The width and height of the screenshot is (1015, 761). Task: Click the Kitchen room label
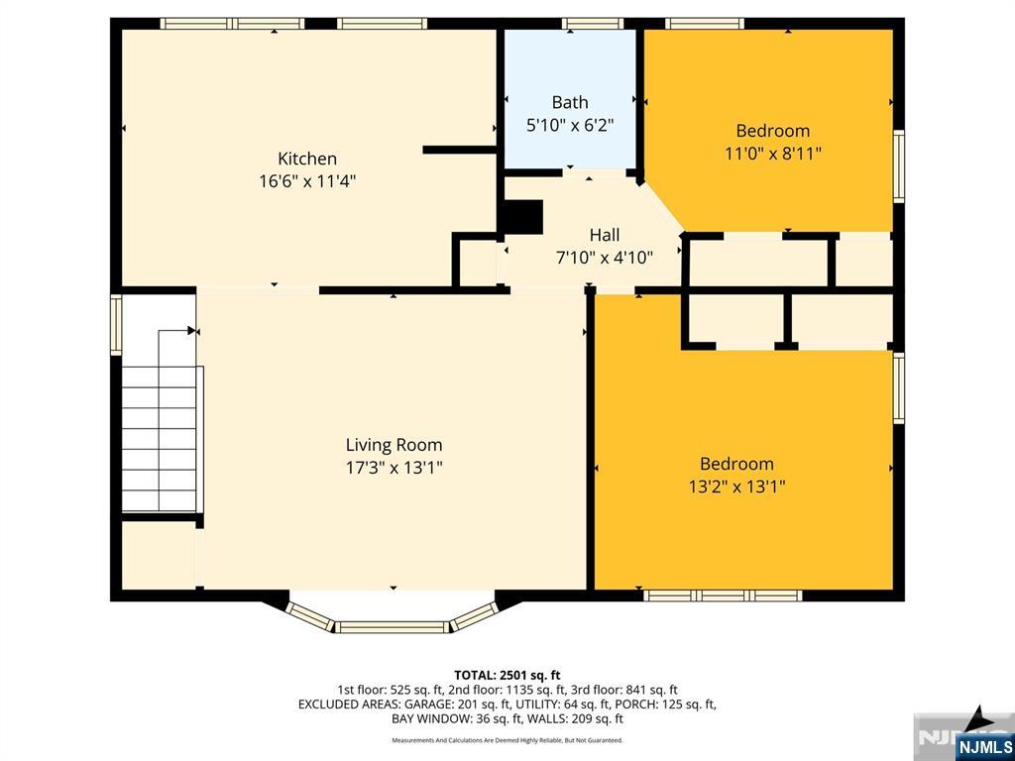(x=306, y=159)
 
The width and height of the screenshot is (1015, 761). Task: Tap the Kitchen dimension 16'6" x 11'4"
(x=306, y=181)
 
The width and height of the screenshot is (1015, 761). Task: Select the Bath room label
(x=570, y=102)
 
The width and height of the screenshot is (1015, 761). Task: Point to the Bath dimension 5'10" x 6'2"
(x=570, y=125)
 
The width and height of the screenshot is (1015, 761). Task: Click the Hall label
(x=605, y=235)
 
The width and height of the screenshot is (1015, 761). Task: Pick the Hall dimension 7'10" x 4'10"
(x=605, y=258)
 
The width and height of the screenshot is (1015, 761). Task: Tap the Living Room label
(x=394, y=445)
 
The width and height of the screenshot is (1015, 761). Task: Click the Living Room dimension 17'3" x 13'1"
(x=394, y=468)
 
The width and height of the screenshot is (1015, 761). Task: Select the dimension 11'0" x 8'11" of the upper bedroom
(x=772, y=154)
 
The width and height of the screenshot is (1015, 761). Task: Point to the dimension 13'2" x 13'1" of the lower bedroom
(x=736, y=487)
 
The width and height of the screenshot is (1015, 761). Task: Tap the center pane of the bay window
(x=394, y=626)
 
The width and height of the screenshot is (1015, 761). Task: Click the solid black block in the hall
(x=523, y=217)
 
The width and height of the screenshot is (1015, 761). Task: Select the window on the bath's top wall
(x=593, y=24)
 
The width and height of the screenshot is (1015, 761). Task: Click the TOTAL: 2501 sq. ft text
(x=507, y=673)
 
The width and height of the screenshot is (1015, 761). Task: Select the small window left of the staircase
(x=116, y=325)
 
